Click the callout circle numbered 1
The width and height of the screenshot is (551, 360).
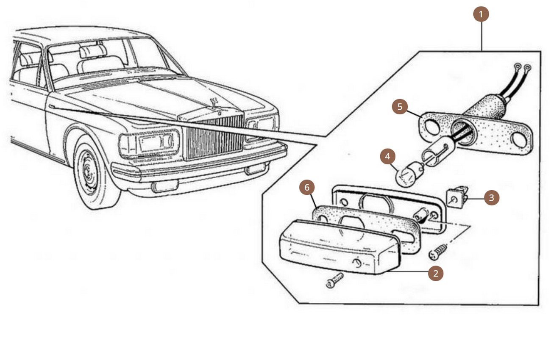click(x=481, y=14)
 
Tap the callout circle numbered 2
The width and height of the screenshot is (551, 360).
click(x=436, y=273)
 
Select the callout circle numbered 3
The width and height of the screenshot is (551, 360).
click(x=491, y=198)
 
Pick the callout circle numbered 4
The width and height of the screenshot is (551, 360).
click(x=387, y=156)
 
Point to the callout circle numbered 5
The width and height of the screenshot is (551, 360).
click(x=400, y=106)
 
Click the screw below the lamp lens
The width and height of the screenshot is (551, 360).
click(x=335, y=280)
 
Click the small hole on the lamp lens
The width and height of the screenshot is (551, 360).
click(x=358, y=264)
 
